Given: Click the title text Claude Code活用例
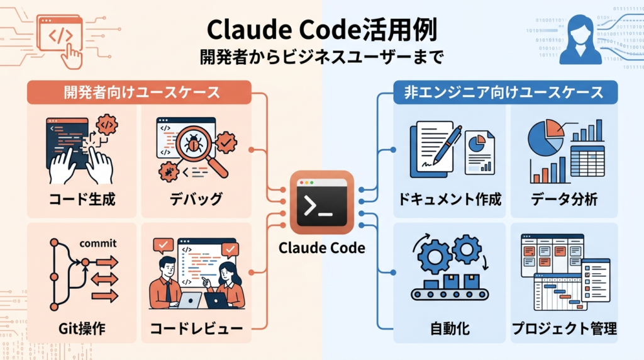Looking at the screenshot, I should [321, 30].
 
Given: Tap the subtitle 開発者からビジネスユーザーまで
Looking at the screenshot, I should [321, 58].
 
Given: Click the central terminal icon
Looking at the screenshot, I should [322, 203].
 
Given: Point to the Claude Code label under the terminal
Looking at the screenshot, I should [322, 247].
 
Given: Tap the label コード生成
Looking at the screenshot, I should [83, 200].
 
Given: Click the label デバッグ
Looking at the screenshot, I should [196, 200].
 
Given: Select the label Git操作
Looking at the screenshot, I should [83, 328].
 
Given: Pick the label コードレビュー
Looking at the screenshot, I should [196, 328].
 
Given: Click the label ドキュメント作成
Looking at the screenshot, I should [450, 200].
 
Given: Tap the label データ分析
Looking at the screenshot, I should [563, 200].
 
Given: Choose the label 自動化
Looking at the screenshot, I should [450, 328].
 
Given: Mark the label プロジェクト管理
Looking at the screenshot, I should [563, 328].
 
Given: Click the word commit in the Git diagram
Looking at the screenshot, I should [99, 243].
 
